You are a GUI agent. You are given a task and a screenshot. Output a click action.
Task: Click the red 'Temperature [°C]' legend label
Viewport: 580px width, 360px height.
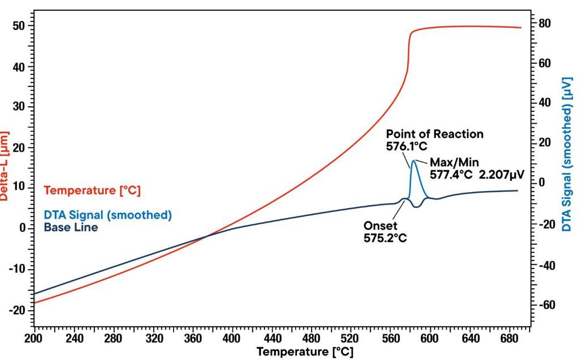[92, 191]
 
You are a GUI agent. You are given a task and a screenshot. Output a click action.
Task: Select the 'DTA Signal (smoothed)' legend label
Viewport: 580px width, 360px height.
[107, 215]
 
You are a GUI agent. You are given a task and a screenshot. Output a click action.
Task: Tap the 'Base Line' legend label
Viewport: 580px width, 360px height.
[71, 228]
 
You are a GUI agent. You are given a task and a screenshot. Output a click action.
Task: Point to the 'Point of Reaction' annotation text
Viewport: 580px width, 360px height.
[435, 134]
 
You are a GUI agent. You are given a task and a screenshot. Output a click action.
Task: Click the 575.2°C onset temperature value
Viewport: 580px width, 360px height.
[385, 238]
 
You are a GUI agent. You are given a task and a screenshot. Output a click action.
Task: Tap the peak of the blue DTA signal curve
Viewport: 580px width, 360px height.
[414, 161]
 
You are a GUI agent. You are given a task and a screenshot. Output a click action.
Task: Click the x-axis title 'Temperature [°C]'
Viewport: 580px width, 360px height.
[305, 352]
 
